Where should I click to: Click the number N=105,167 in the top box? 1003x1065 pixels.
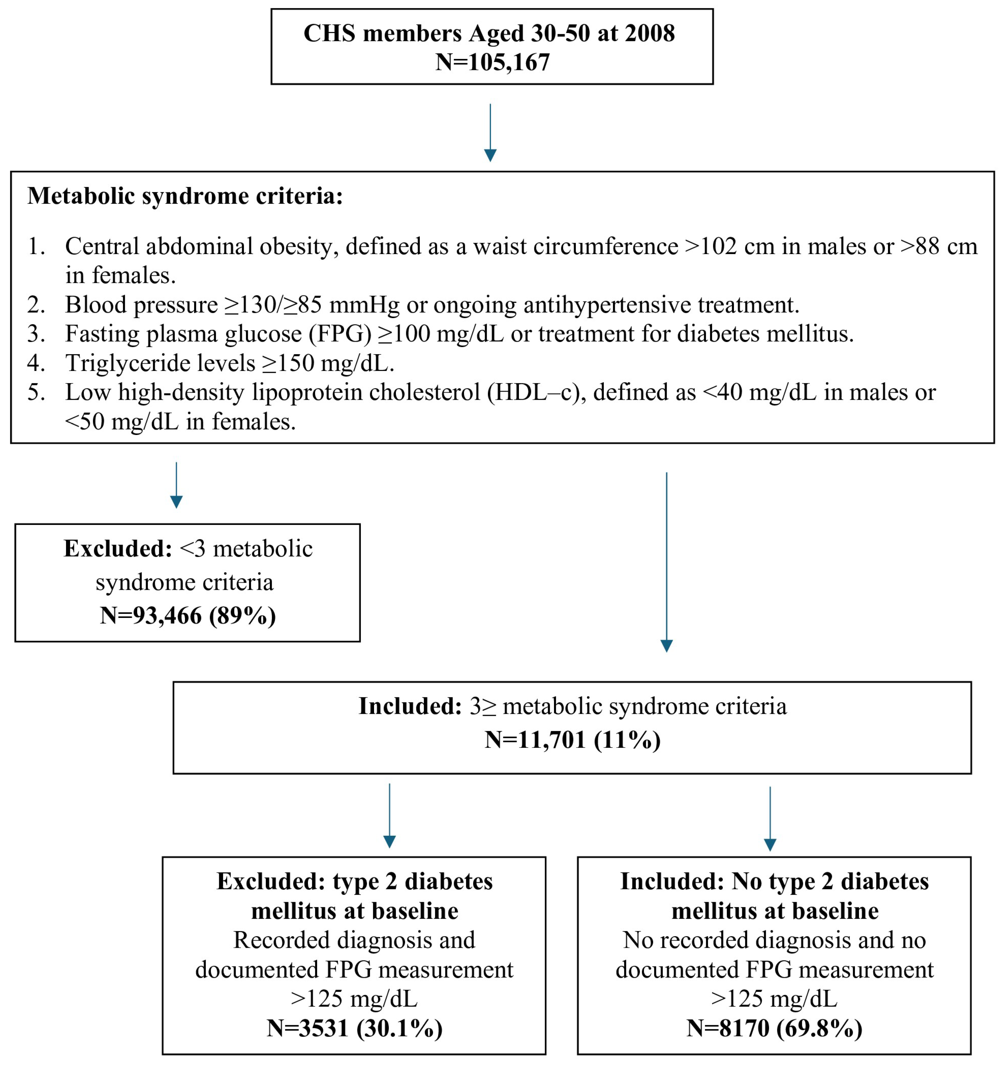click(x=492, y=62)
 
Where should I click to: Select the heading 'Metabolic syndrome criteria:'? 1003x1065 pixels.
click(x=185, y=196)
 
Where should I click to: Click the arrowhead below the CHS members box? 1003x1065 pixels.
click(x=490, y=155)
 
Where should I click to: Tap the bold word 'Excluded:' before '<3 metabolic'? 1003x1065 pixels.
click(x=118, y=549)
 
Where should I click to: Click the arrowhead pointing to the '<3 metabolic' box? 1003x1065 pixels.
click(x=176, y=502)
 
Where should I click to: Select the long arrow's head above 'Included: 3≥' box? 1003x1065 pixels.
click(x=666, y=646)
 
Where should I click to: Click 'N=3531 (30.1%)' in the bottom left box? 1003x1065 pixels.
click(x=355, y=1028)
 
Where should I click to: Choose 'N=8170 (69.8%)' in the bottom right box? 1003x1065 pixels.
click(x=774, y=1028)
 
